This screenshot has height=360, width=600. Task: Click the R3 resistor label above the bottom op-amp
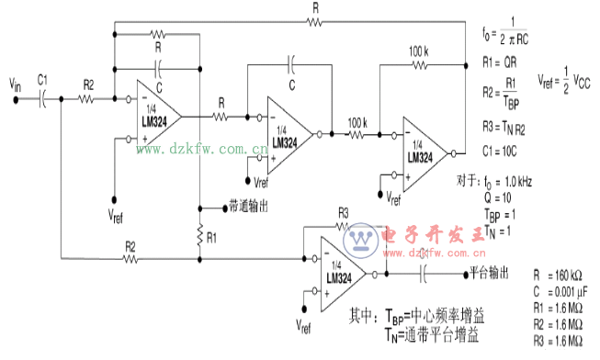(x=344, y=212)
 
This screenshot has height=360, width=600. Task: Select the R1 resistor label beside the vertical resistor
(x=212, y=237)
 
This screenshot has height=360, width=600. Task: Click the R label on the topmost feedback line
(x=316, y=7)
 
